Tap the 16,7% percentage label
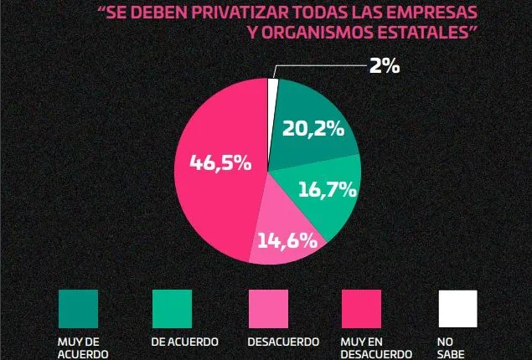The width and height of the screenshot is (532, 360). (328, 189)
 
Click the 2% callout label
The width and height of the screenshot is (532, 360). (384, 66)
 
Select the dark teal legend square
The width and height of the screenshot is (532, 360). (78, 309)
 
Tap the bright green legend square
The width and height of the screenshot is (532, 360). (172, 309)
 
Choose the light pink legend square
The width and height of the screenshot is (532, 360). (268, 309)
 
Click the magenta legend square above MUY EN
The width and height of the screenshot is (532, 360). (362, 309)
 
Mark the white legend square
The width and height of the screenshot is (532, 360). (457, 309)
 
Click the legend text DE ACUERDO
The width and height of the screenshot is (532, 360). (185, 342)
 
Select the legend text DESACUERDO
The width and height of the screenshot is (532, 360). (283, 342)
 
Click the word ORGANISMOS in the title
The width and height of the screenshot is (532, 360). (328, 32)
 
